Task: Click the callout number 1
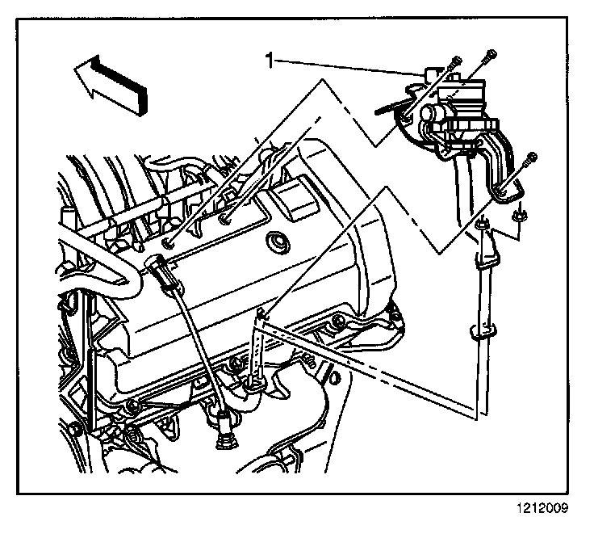(271, 59)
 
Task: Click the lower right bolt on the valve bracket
(529, 161)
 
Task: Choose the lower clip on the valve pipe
(479, 331)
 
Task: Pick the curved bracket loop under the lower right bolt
(506, 188)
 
